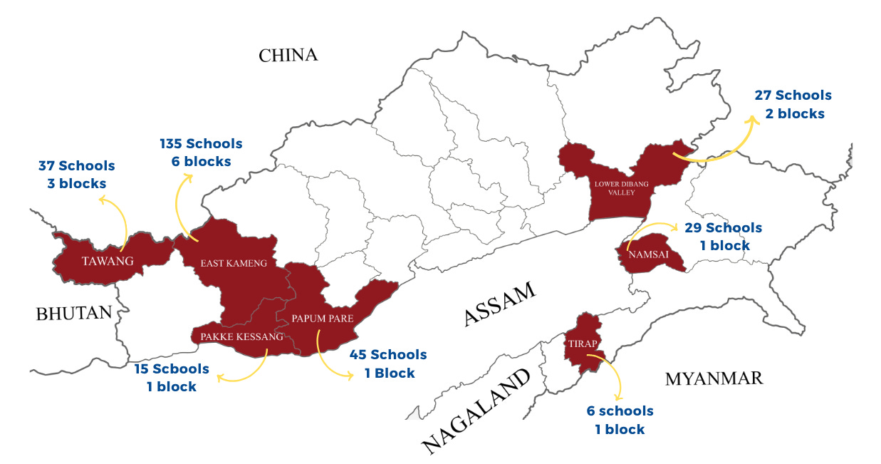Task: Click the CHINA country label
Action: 288,55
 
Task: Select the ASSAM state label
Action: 499,303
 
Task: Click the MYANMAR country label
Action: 714,378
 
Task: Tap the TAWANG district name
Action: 108,261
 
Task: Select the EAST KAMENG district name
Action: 233,263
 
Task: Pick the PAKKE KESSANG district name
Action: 241,336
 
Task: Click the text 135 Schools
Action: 202,144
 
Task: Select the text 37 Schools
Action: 76,166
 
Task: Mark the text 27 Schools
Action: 793,96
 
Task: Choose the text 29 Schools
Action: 723,228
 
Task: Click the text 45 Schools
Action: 388,355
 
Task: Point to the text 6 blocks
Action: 201,162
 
